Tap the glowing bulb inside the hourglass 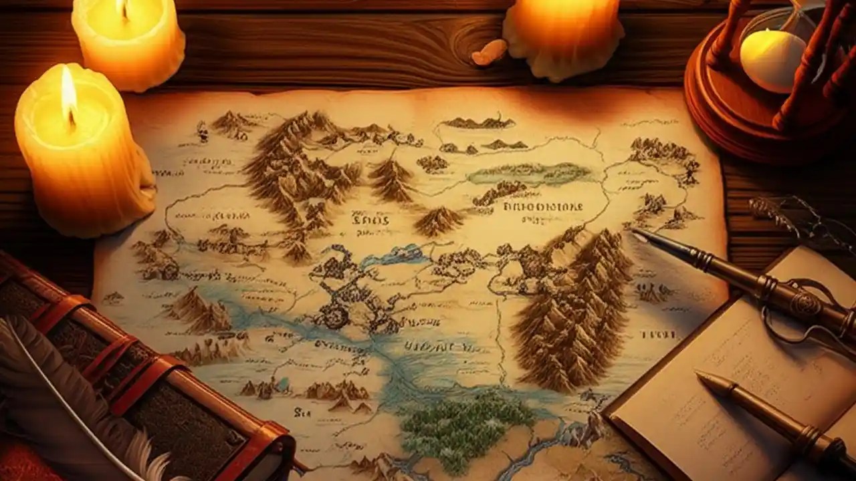pyautogui.click(x=772, y=59)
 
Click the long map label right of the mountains pyautogui.click(x=542, y=206)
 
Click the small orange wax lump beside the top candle pyautogui.click(x=490, y=52)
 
